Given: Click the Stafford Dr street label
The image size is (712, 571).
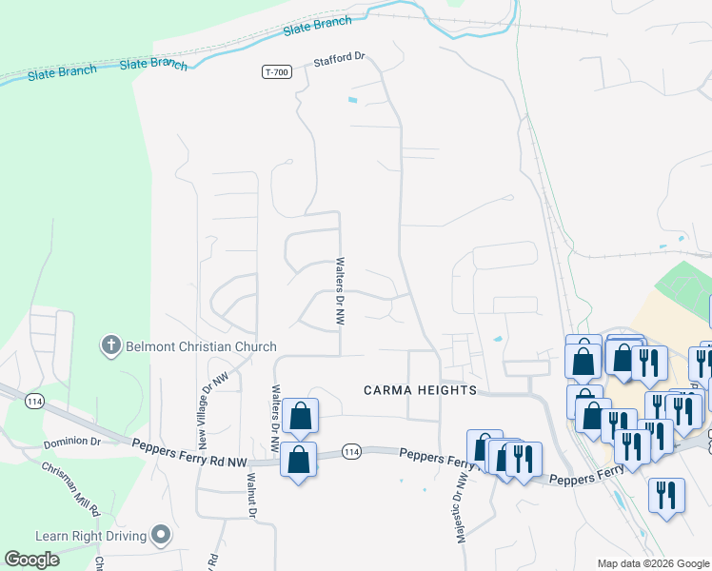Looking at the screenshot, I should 340,58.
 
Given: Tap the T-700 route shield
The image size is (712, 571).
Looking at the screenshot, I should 276,72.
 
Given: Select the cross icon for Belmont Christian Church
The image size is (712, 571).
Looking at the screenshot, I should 111,345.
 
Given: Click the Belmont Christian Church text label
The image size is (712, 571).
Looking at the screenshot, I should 201,346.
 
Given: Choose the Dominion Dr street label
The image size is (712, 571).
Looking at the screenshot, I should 71,443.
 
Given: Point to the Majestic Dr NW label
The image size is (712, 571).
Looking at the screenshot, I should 462,508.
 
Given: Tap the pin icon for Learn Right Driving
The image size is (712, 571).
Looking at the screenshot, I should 160,536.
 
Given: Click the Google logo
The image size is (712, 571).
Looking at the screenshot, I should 31,560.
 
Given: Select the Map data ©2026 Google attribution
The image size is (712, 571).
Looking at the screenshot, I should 653,563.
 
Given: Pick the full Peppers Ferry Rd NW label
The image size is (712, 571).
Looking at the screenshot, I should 189,447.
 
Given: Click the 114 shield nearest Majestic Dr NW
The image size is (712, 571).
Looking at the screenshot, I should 351,450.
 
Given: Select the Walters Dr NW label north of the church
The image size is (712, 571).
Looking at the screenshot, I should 339,290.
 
